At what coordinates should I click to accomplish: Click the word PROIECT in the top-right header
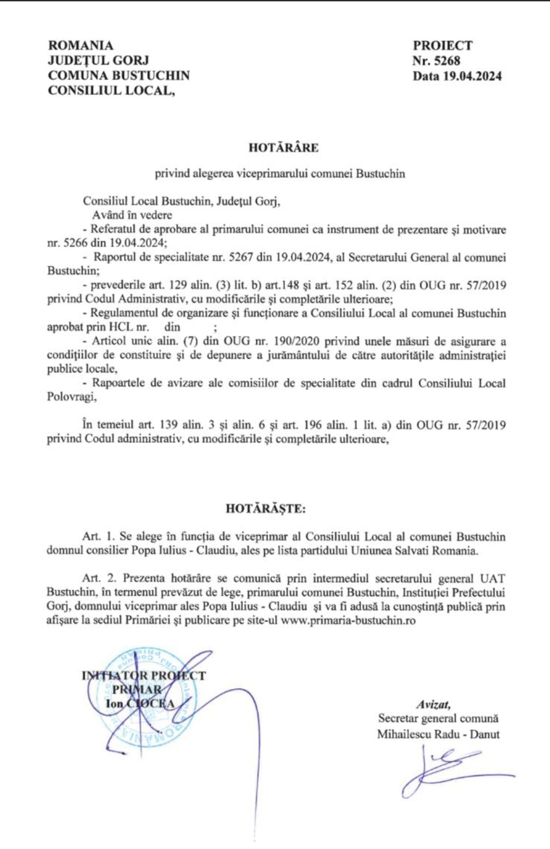pos(442,46)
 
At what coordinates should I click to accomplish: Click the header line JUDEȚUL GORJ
pos(98,61)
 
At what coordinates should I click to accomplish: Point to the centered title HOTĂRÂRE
pos(283,148)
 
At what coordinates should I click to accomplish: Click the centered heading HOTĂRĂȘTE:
pos(266,509)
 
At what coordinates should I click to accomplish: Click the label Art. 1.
pos(99,537)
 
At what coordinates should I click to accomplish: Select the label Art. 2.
pos(99,578)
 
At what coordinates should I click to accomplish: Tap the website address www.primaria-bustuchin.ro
pos(348,621)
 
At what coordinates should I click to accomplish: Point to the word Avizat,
pos(433,705)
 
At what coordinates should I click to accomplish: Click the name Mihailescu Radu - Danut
pos(438,734)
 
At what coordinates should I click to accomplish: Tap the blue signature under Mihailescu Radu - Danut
pos(448,770)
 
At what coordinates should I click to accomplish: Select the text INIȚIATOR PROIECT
pos(144,676)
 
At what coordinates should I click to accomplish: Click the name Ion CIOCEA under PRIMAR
pos(140,704)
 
